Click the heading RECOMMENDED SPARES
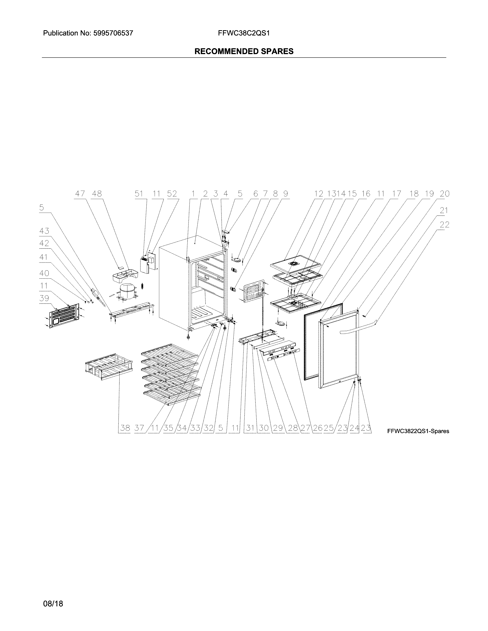[x=244, y=51]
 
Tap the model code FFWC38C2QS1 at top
[x=244, y=33]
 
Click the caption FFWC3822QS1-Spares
[x=418, y=431]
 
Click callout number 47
[x=80, y=194]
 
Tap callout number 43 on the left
[x=44, y=231]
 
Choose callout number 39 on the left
[x=44, y=298]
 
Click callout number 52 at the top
[x=172, y=194]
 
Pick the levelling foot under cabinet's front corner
[x=189, y=337]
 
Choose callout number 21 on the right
[x=444, y=211]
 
